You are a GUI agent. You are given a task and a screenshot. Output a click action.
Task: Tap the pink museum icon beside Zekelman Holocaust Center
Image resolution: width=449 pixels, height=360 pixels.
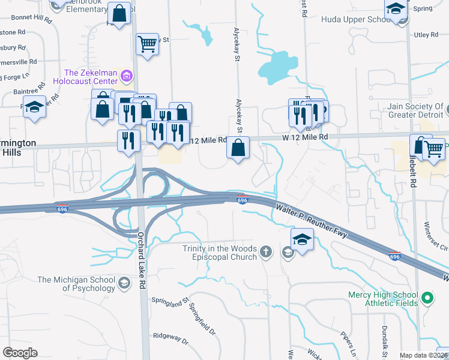click(x=126, y=76)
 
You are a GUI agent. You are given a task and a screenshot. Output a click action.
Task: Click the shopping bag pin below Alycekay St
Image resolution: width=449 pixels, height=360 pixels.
click(x=238, y=147)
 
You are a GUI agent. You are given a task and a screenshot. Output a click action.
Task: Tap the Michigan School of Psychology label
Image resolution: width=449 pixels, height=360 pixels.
click(x=76, y=284)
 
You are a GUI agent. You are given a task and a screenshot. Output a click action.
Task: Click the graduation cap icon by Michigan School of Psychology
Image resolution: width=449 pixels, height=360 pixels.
click(x=124, y=283)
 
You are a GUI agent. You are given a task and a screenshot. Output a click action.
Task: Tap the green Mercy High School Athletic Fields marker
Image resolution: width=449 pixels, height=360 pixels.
click(x=427, y=298)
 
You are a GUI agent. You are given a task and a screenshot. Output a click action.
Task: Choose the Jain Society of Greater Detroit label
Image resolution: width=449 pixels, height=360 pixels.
click(x=410, y=111)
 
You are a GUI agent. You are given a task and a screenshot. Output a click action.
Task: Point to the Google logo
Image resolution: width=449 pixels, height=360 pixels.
click(x=20, y=353)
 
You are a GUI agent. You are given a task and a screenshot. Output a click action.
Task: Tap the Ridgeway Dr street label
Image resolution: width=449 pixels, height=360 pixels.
click(x=170, y=338)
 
